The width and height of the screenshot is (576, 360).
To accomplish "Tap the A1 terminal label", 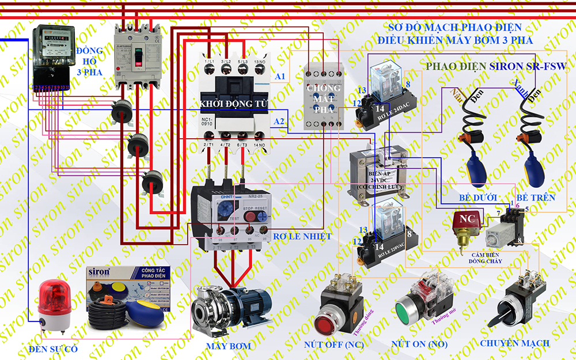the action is (280, 77).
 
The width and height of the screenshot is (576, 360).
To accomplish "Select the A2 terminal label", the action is (279, 122).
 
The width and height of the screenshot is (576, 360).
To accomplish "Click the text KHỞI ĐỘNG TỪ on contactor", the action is (234, 103).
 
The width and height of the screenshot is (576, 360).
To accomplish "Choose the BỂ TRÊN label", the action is (536, 198).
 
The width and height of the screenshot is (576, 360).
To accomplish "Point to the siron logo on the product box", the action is (101, 273).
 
